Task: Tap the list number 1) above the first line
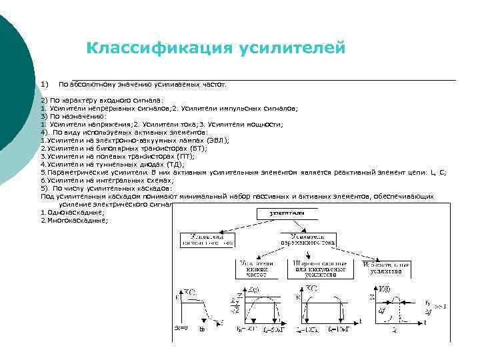click(x=44, y=84)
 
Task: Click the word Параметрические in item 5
click(x=75, y=172)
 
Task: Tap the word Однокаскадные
click(x=75, y=212)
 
